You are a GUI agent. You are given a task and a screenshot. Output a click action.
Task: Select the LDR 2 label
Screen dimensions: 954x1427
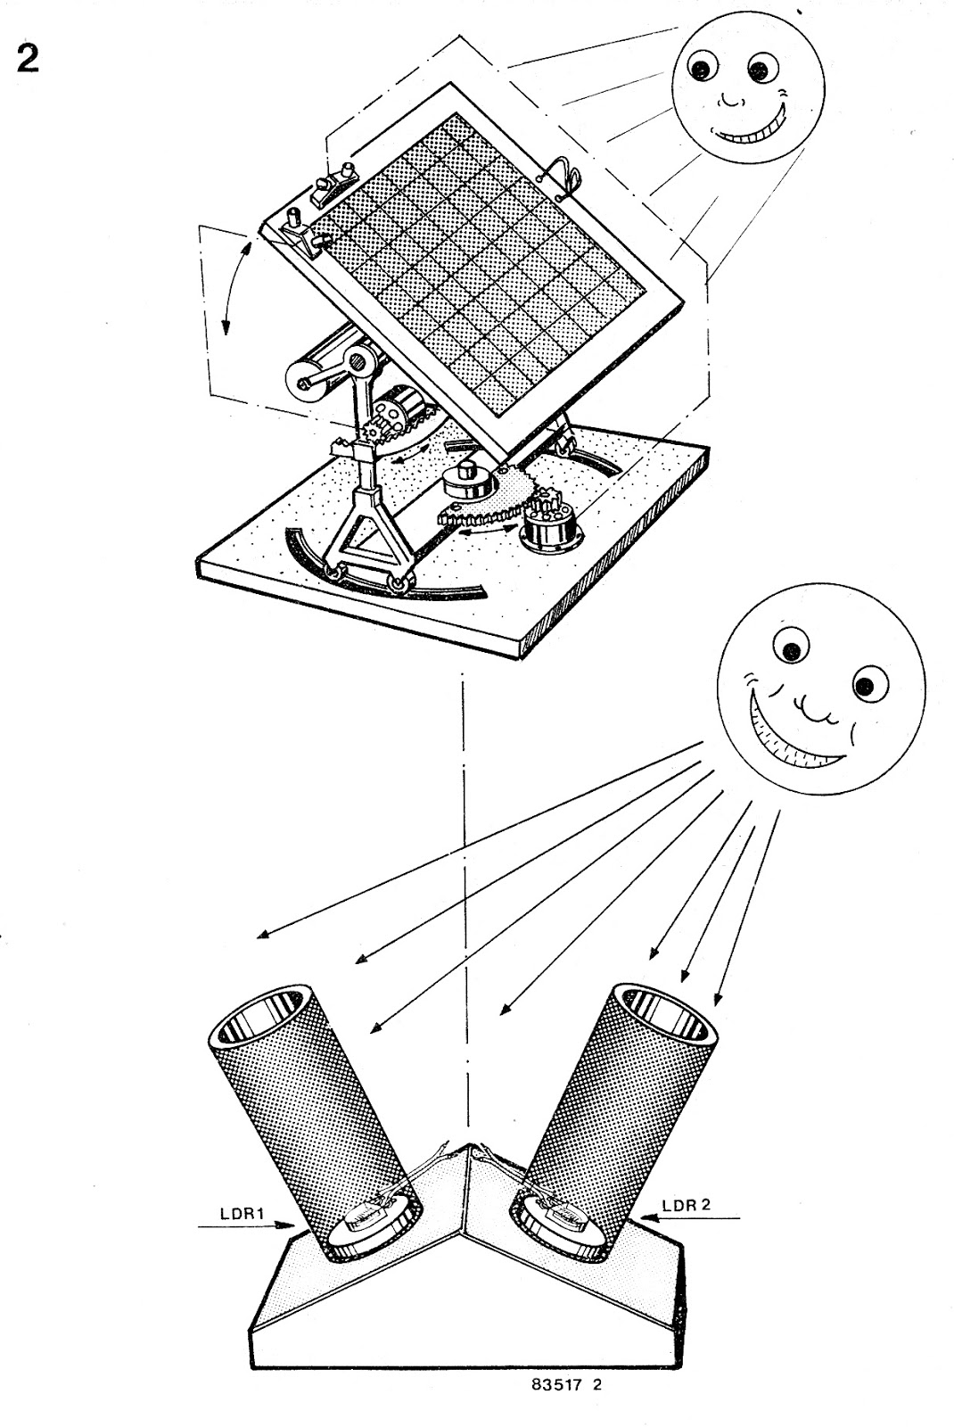click(x=687, y=1204)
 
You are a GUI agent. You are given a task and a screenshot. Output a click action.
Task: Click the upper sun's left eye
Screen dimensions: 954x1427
click(x=704, y=66)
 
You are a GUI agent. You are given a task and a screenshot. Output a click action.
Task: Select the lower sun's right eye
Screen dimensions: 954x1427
click(x=863, y=686)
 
